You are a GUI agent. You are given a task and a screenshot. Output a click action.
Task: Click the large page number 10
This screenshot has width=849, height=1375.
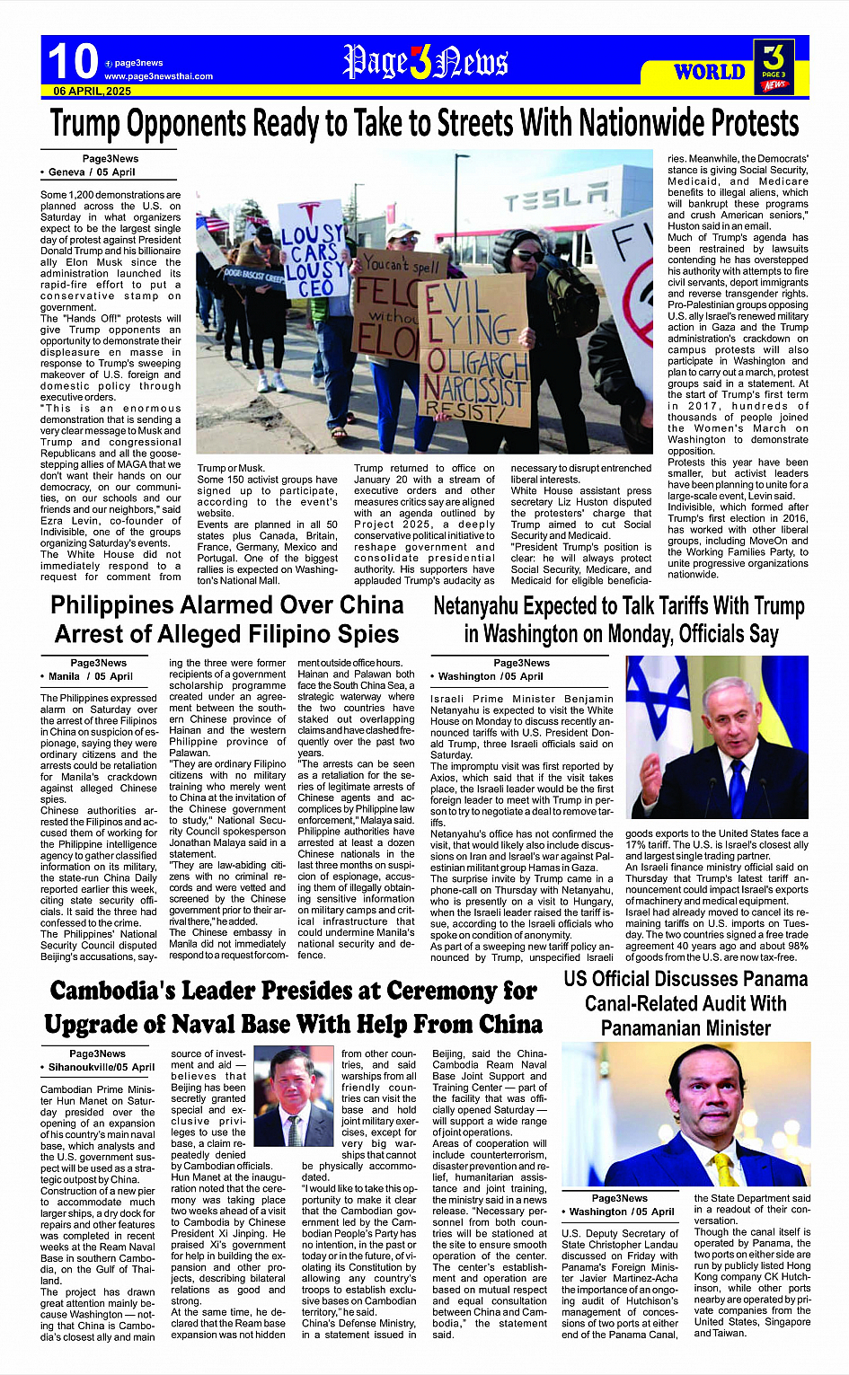73,61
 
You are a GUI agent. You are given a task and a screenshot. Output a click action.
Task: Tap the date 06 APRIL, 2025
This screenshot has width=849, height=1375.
93,92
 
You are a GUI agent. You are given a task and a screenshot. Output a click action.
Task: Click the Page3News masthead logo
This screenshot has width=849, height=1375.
425,62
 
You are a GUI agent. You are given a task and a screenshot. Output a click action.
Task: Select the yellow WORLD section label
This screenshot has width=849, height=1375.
709,71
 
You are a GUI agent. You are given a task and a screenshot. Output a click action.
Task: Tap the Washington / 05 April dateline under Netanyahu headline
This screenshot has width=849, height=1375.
491,676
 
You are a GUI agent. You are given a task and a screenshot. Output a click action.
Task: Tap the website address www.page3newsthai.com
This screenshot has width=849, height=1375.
159,76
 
